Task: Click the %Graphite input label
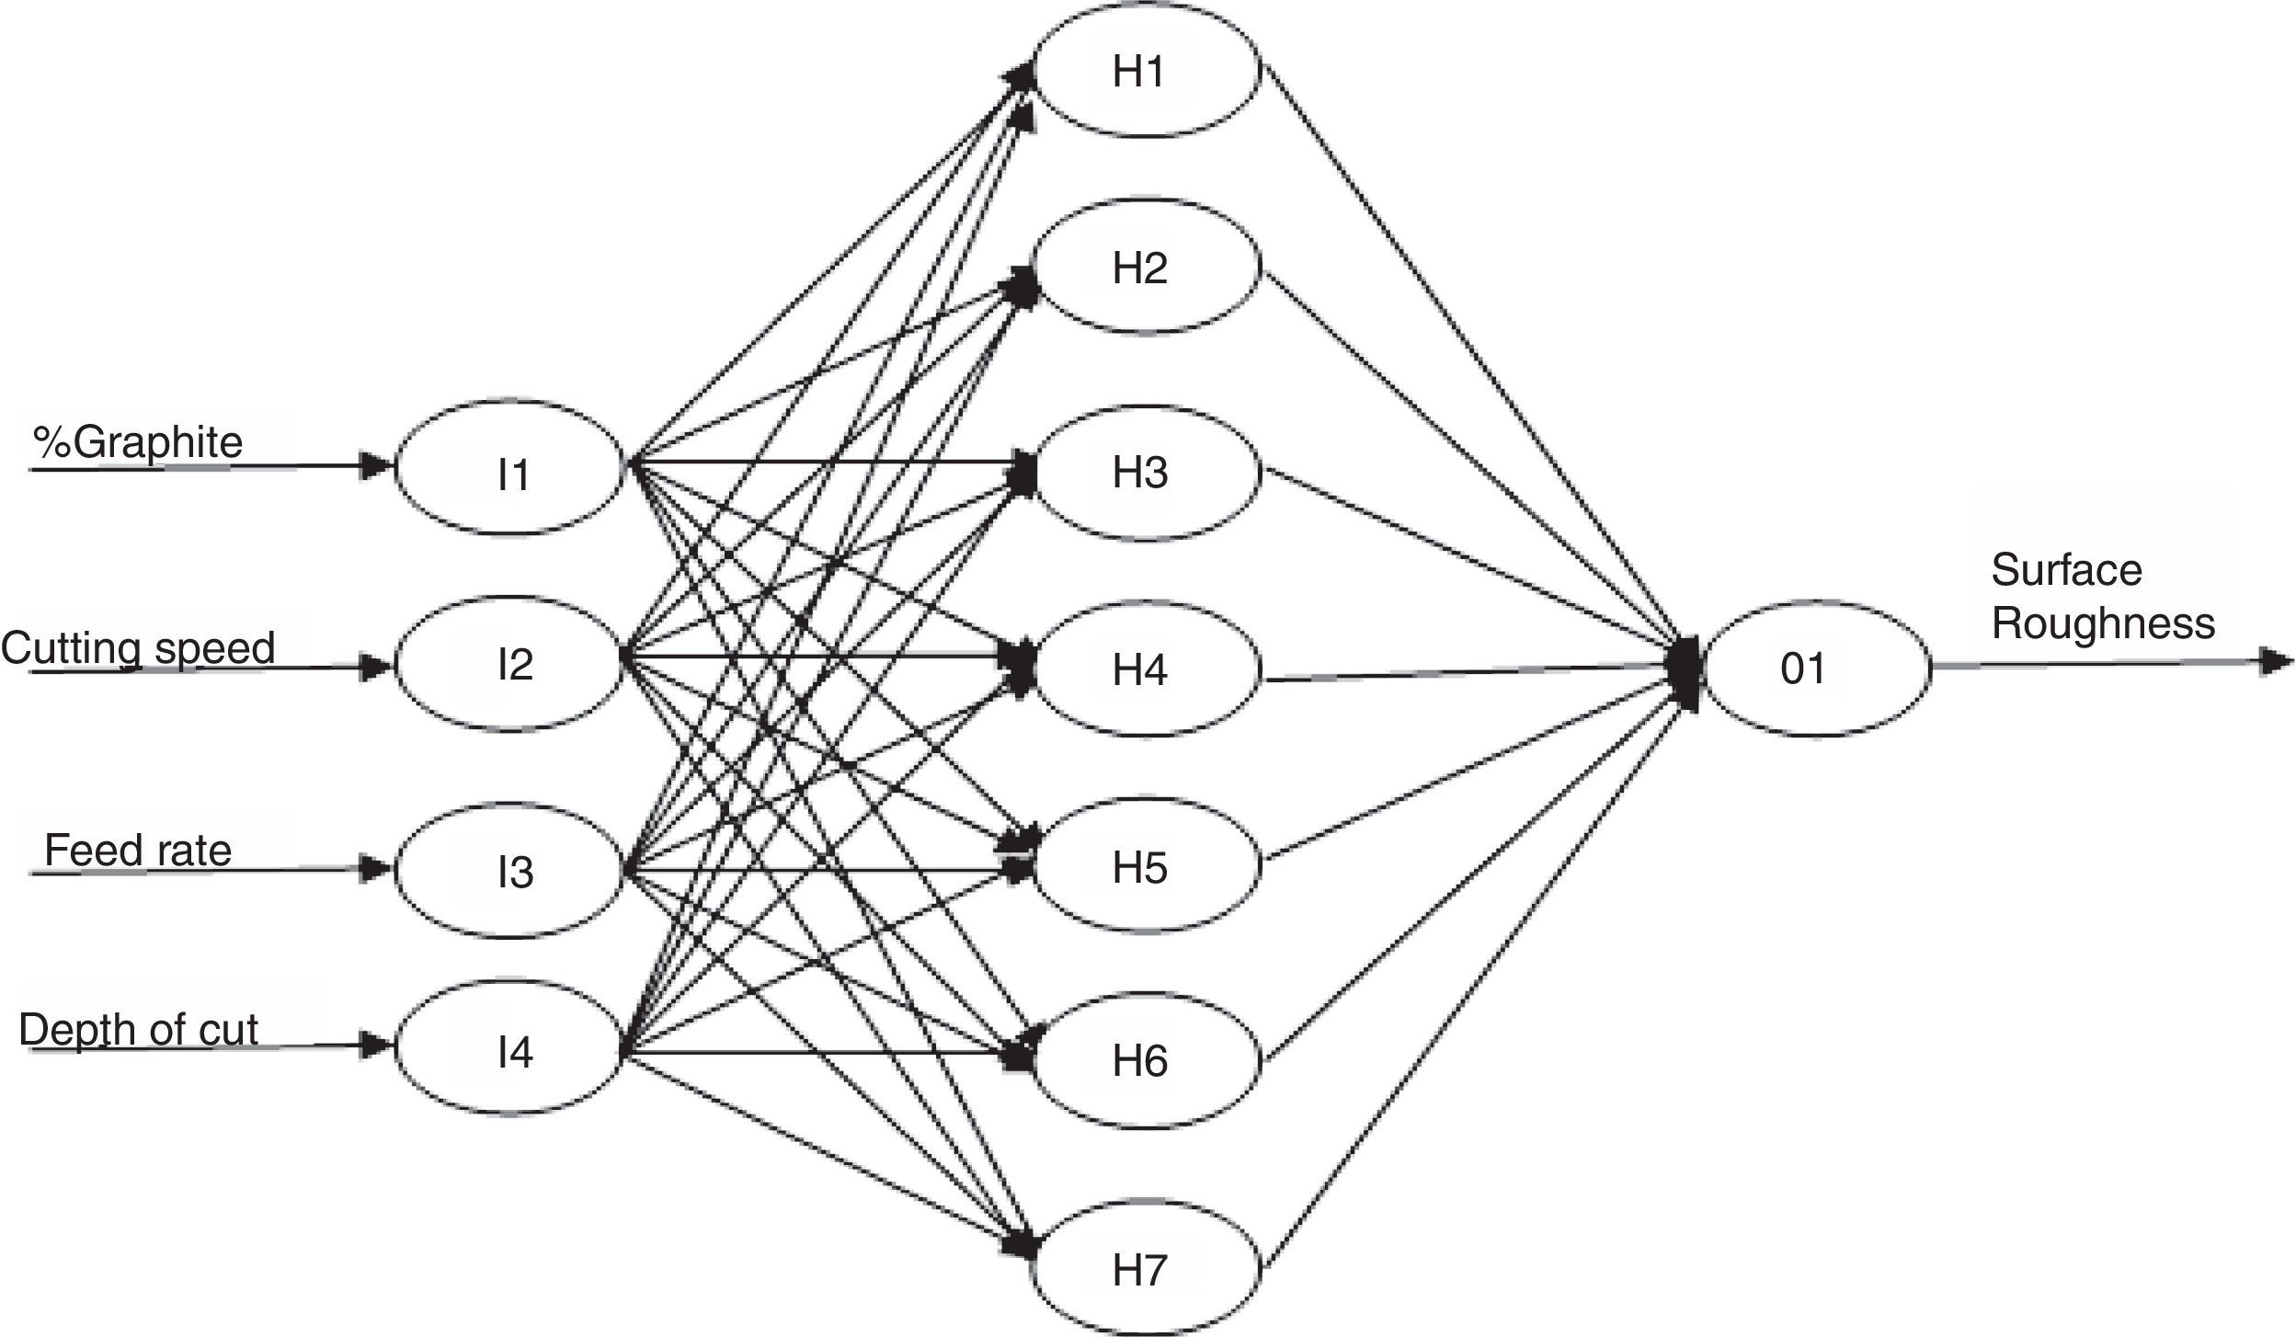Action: tap(138, 442)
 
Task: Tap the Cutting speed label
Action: tap(138, 648)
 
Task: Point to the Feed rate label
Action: tap(138, 850)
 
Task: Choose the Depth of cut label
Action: tap(138, 1029)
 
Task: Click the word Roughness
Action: tap(2103, 623)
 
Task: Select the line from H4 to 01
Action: tap(1471, 672)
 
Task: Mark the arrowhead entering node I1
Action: tap(376, 466)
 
